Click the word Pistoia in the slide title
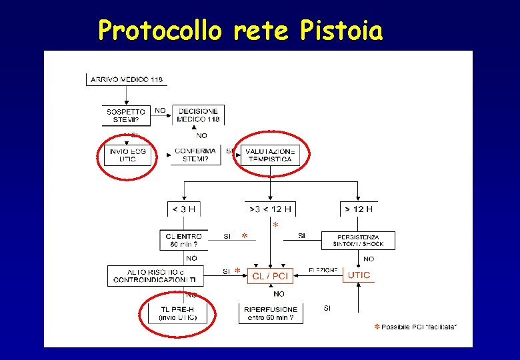pyautogui.click(x=341, y=30)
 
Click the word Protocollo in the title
pyautogui.click(x=160, y=30)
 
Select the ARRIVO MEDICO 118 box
pyautogui.click(x=127, y=79)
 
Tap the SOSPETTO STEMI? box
pyautogui.click(x=127, y=115)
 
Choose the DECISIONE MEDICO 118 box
pyautogui.click(x=199, y=115)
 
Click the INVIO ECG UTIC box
pyautogui.click(x=127, y=155)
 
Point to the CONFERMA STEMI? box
pyautogui.click(x=195, y=155)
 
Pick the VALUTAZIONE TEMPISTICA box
pyautogui.click(x=270, y=155)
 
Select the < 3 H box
pyautogui.click(x=184, y=209)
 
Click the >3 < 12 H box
pyautogui.click(x=270, y=209)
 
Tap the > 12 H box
pyautogui.click(x=358, y=209)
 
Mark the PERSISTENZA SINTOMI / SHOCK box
pyautogui.click(x=358, y=240)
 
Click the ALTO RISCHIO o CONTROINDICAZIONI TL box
pyautogui.click(x=155, y=275)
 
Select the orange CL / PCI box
pyautogui.click(x=270, y=275)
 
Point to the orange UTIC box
pyautogui.click(x=358, y=275)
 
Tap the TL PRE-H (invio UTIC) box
pyautogui.click(x=177, y=313)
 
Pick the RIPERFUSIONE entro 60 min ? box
pyautogui.click(x=270, y=313)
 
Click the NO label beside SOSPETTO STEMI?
pyautogui.click(x=161, y=110)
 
